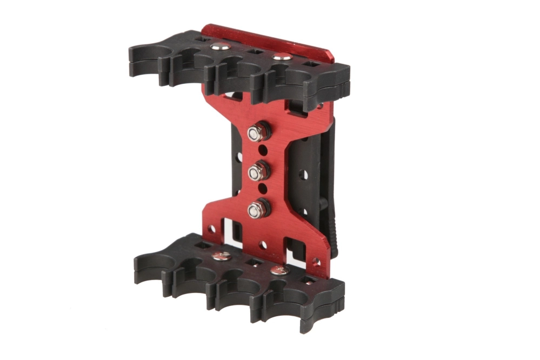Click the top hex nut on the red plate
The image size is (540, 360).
(256, 132)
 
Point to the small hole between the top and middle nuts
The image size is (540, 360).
(263, 152)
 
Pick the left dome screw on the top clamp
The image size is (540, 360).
(218, 47)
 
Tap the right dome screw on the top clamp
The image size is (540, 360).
(279, 56)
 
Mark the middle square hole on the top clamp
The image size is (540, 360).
(254, 52)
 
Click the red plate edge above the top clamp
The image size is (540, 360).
(270, 38)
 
